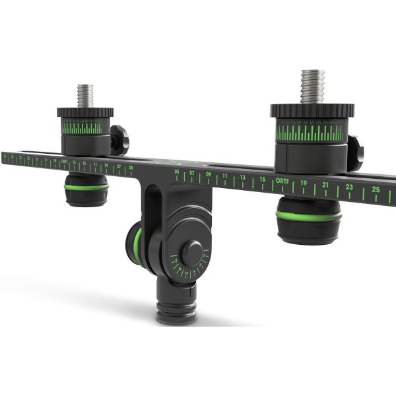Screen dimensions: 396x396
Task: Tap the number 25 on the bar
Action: click(x=376, y=189)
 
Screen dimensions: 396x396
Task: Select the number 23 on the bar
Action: click(x=349, y=187)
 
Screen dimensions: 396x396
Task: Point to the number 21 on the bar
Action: click(x=325, y=184)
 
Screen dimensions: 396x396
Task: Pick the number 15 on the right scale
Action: click(x=262, y=179)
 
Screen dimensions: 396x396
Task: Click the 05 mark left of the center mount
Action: click(x=131, y=168)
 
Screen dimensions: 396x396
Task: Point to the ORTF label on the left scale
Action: click(x=64, y=161)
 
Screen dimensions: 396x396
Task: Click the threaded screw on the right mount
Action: click(x=313, y=86)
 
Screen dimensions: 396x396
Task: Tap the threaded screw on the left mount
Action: click(x=84, y=96)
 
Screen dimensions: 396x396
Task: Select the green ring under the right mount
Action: click(x=308, y=215)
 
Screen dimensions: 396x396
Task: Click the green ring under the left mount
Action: click(x=86, y=187)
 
